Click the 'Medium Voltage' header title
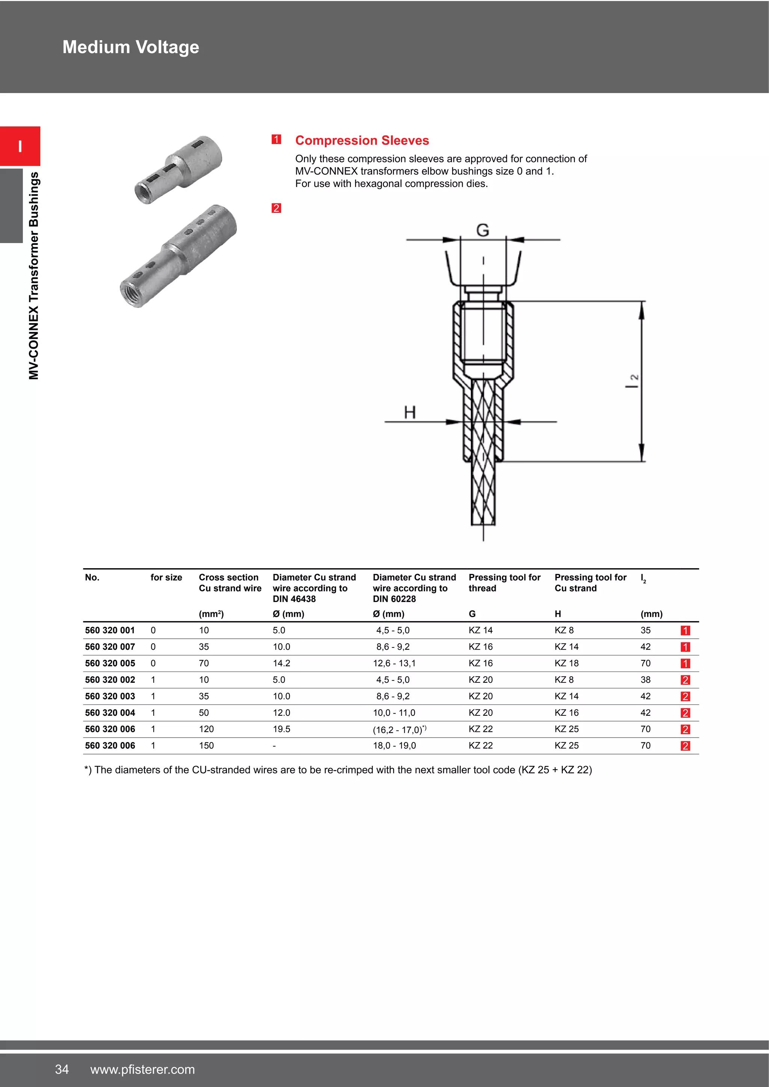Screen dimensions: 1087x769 coord(131,47)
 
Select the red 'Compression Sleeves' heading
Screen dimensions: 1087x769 coord(362,141)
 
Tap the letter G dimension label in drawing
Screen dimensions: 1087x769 coord(482,230)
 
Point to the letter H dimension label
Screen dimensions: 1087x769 coord(410,413)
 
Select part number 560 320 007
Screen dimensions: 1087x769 coord(110,647)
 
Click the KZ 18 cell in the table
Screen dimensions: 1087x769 coord(566,663)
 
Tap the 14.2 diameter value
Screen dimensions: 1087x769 coord(281,663)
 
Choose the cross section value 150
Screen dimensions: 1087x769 coord(206,746)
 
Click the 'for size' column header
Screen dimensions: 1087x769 coord(166,578)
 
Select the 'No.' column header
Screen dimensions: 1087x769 coord(92,578)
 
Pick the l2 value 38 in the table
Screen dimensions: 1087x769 coord(645,680)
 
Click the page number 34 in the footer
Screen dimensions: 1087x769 coord(62,1069)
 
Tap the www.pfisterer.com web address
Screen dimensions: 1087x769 coord(143,1069)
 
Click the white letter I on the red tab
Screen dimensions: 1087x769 coord(20,146)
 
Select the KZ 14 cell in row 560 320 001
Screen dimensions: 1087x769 coord(481,630)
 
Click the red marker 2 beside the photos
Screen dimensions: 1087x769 coord(276,208)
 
